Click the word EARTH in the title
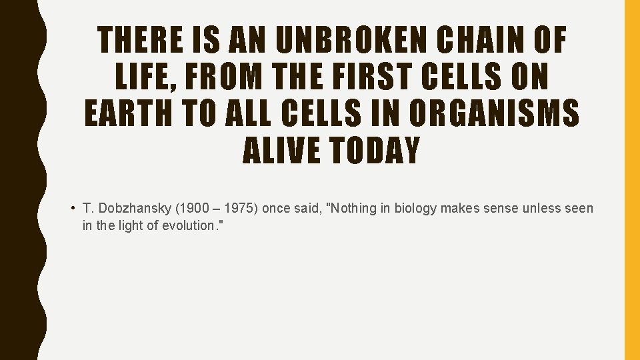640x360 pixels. pyautogui.click(x=129, y=115)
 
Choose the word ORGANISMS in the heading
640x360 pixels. pyautogui.click(x=494, y=115)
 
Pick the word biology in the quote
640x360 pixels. pyautogui.click(x=415, y=209)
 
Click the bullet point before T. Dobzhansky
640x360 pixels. pyautogui.click(x=72, y=209)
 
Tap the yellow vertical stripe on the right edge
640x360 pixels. pyautogui.click(x=631, y=180)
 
